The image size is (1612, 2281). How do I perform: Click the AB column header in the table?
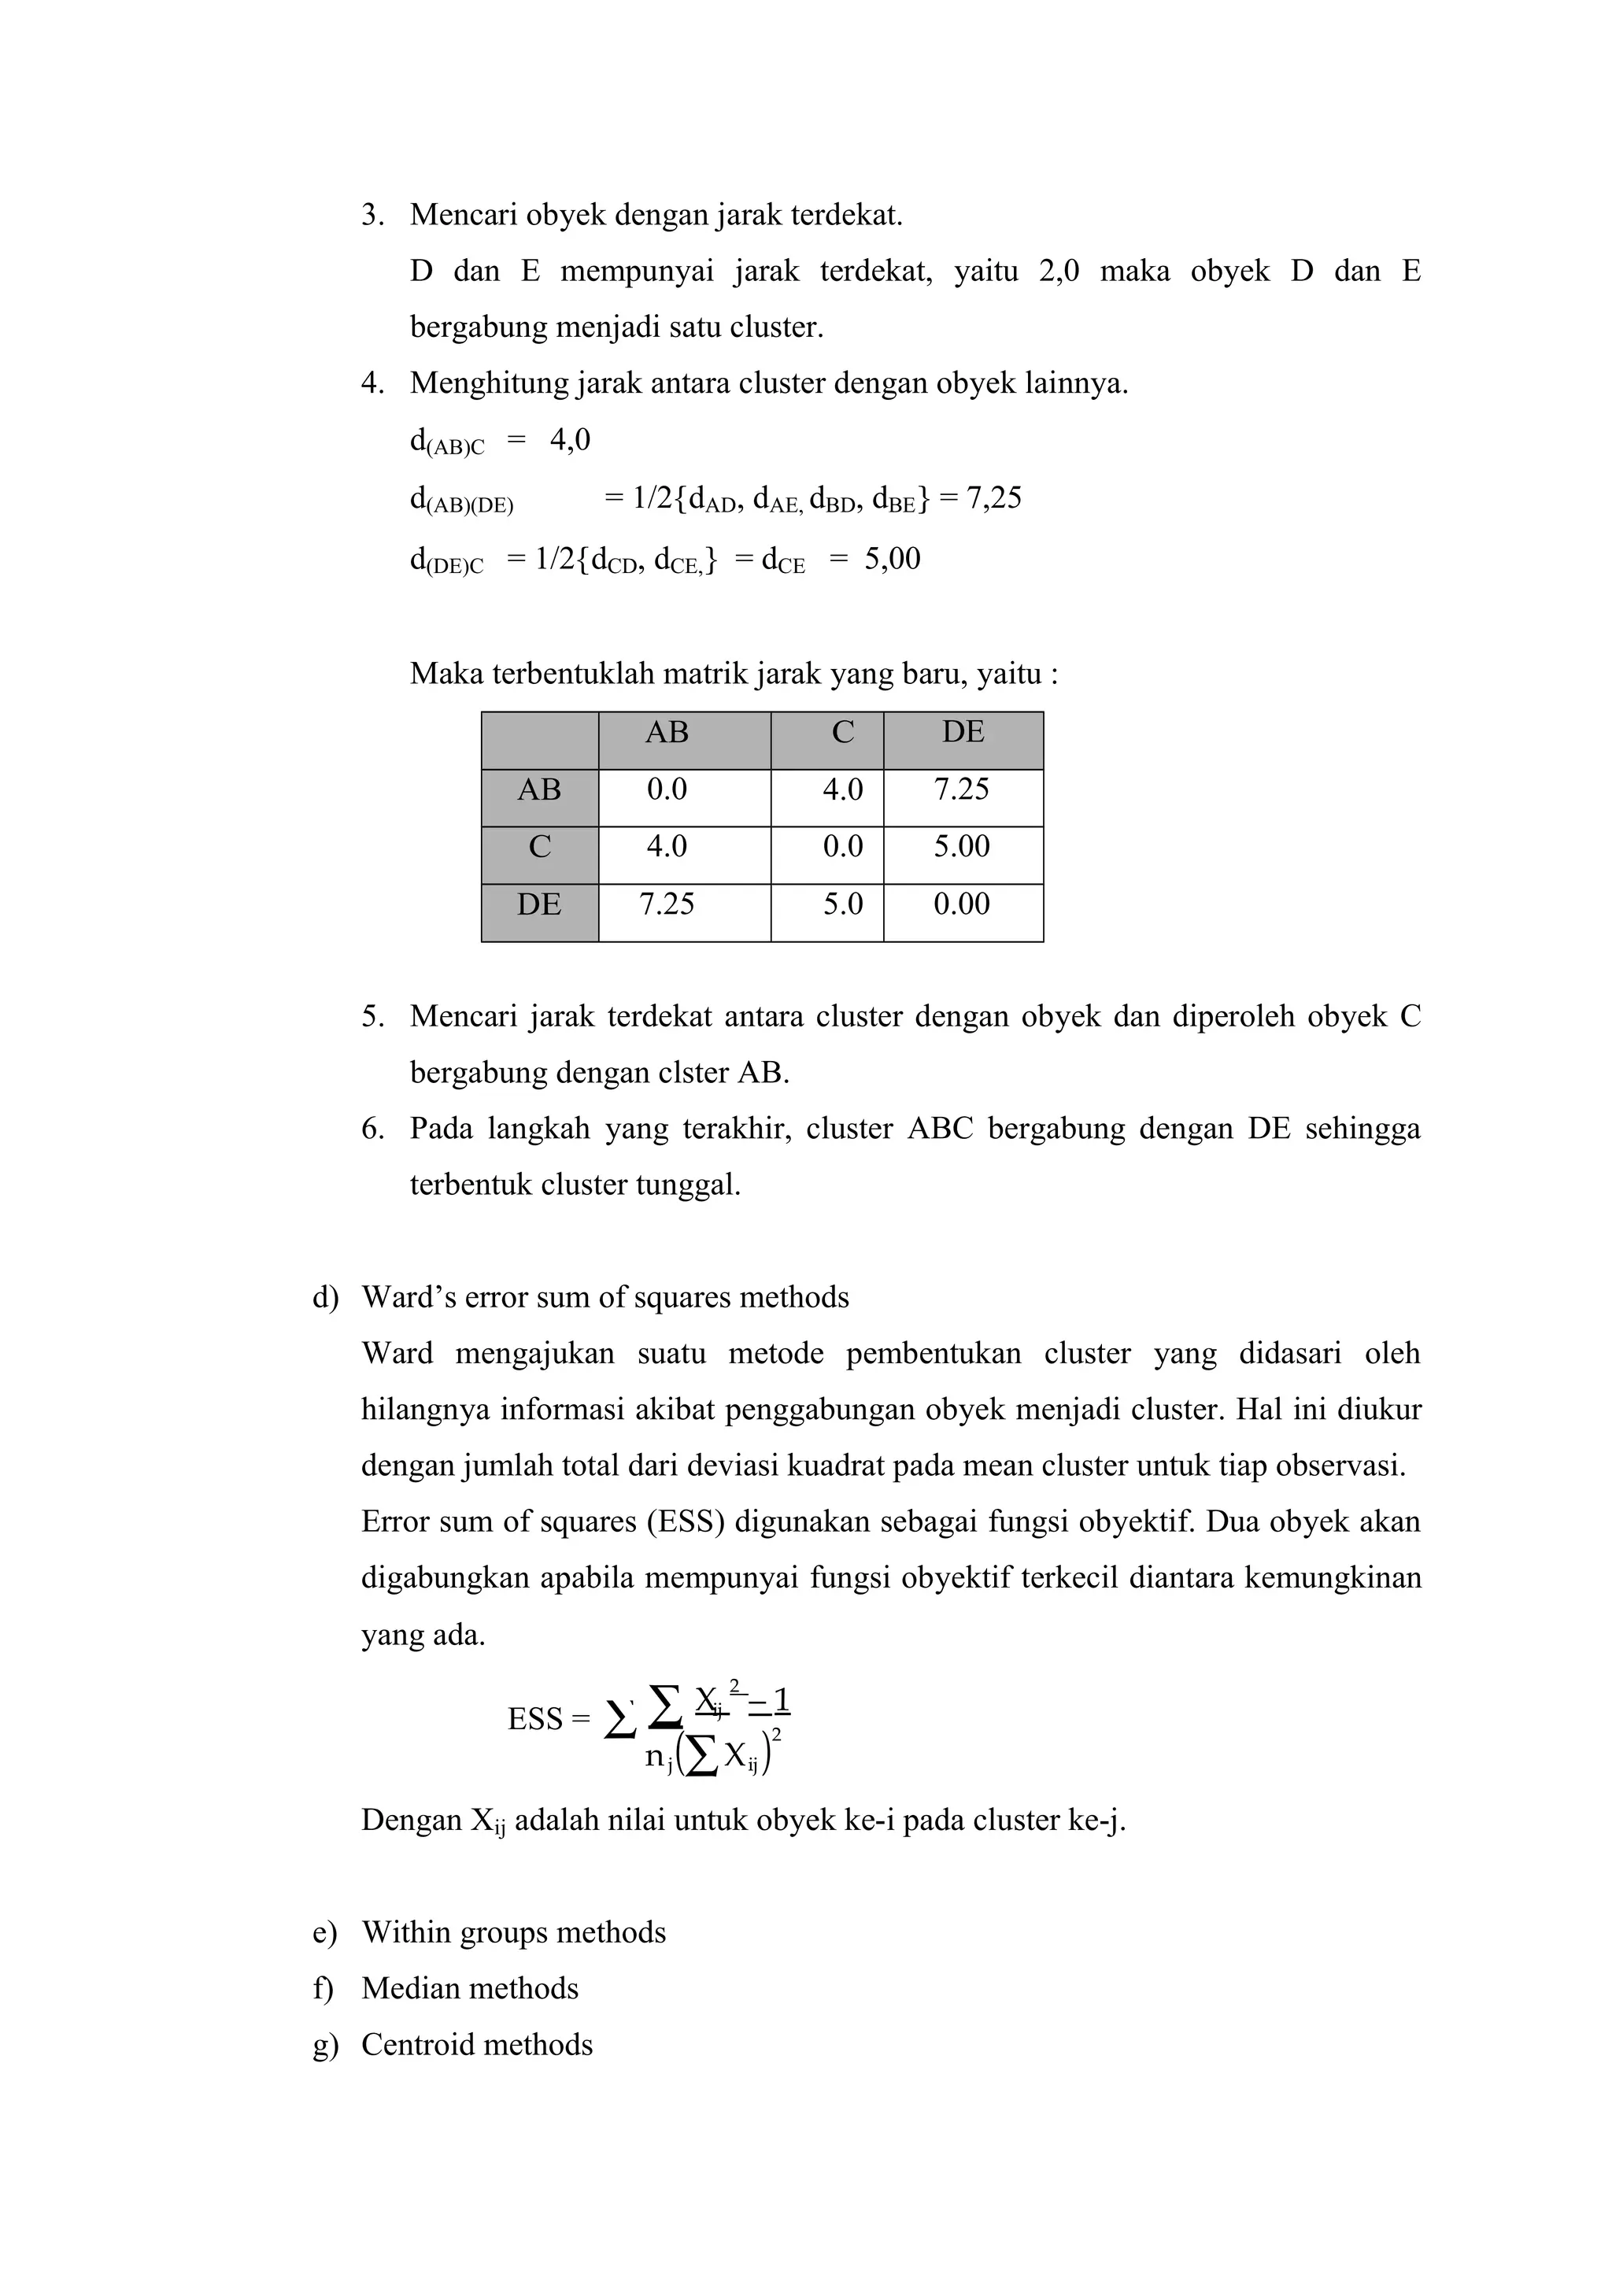click(667, 734)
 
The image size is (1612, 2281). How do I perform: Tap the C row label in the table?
click(539, 848)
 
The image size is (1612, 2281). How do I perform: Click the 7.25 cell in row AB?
click(961, 789)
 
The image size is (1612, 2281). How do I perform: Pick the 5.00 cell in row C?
click(961, 848)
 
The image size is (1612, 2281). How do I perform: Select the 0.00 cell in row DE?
click(961, 905)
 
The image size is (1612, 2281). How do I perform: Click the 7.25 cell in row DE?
click(667, 905)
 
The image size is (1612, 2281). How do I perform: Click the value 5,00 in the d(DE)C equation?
click(892, 560)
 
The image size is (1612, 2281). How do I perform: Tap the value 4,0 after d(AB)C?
click(570, 440)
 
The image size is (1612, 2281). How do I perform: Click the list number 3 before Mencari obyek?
click(371, 216)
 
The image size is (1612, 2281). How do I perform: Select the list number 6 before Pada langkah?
click(371, 1129)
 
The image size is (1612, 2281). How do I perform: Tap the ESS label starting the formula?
click(535, 1720)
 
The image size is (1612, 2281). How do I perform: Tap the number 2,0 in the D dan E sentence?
click(1059, 272)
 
